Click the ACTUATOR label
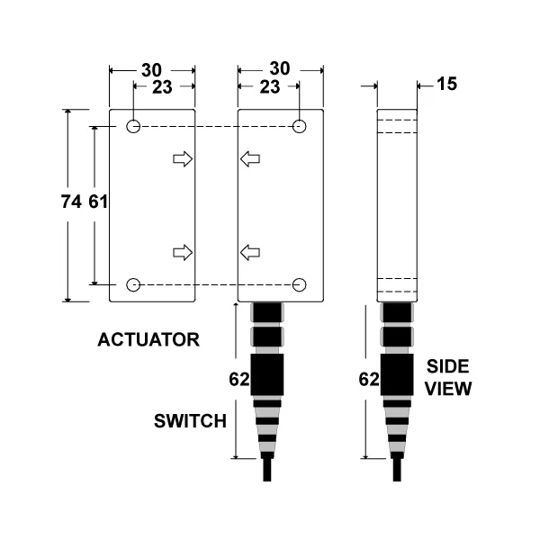point(148,339)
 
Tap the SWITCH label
point(190,421)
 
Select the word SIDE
point(447,366)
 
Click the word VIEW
point(447,389)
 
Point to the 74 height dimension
point(71,202)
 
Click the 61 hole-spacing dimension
point(98,202)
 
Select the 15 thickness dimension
point(446,84)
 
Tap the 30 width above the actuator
point(151,70)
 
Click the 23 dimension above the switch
point(270,87)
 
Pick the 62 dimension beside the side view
point(369,379)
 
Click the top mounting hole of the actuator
point(133,126)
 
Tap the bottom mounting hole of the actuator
point(133,284)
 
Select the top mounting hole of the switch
point(299,126)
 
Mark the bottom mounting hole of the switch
point(299,284)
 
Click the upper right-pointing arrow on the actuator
point(183,159)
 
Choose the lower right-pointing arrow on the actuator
point(183,253)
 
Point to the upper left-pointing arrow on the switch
point(250,159)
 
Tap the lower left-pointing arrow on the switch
point(250,253)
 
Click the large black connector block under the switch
point(267,374)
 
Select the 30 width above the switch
point(280,68)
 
